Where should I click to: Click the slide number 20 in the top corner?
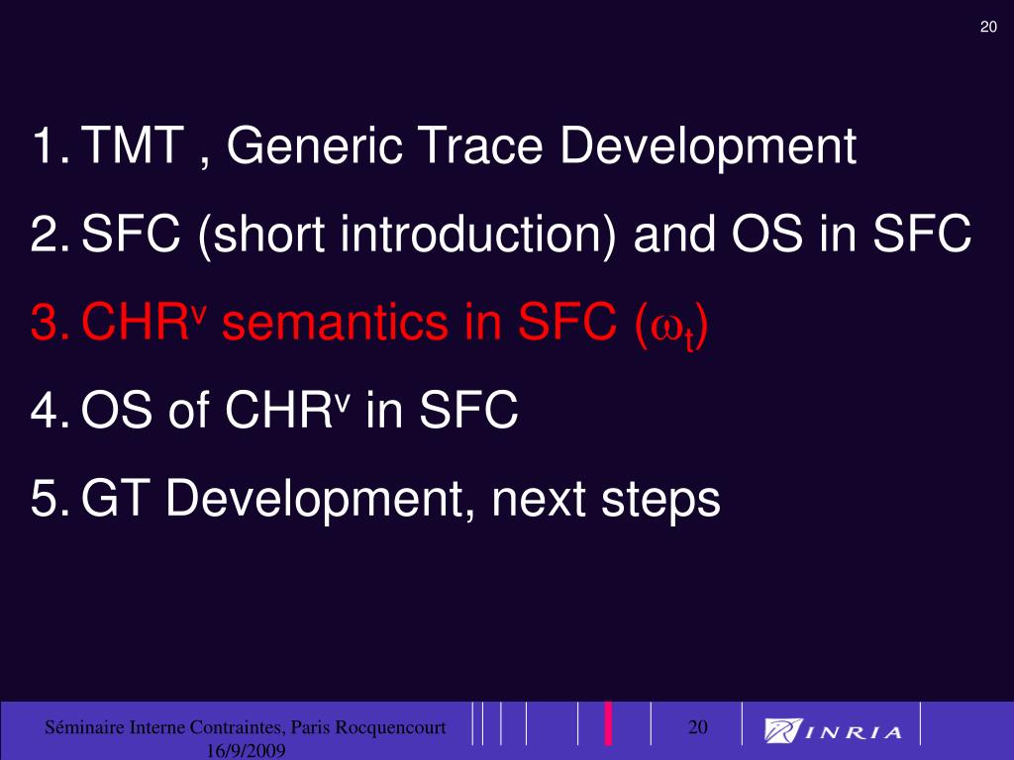[988, 27]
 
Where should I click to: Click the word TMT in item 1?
[134, 144]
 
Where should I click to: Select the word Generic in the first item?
[314, 144]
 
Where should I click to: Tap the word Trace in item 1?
[482, 144]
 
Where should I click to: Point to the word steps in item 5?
[660, 502]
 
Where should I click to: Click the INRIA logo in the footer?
[833, 731]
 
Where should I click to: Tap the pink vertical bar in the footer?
[608, 723]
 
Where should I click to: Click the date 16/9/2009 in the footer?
[246, 750]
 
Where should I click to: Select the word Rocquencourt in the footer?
[390, 728]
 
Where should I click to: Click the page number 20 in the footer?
[697, 727]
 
